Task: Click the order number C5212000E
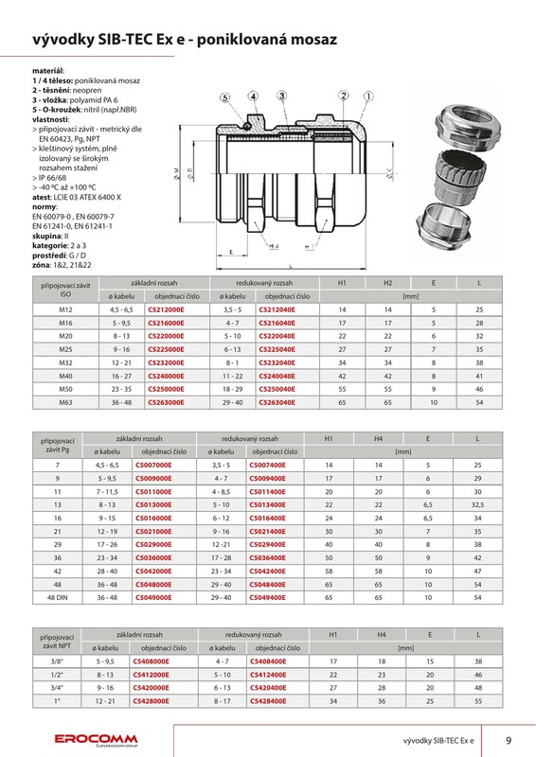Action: [x=166, y=309]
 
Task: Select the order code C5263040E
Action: [x=277, y=402]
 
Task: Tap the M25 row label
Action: [x=65, y=349]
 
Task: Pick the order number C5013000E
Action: [x=153, y=504]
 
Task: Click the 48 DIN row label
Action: [x=58, y=597]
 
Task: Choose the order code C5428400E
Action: [x=268, y=700]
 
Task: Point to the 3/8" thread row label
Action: [x=57, y=660]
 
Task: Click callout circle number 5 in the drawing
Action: [x=225, y=97]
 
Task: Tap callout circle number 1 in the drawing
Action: [x=368, y=97]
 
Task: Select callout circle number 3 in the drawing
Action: [x=282, y=96]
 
